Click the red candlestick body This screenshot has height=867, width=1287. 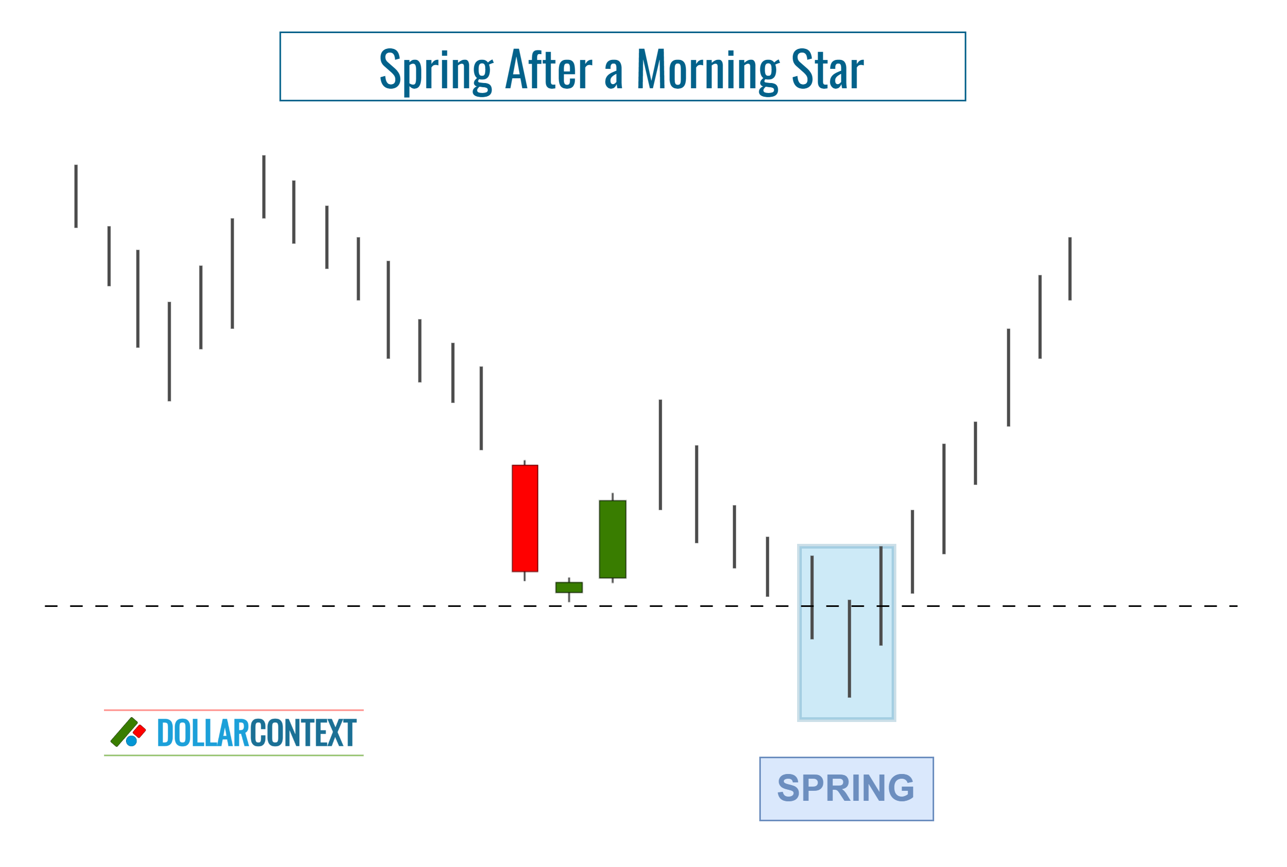tap(525, 518)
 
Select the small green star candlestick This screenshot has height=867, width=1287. tap(569, 587)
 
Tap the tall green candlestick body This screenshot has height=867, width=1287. tap(612, 539)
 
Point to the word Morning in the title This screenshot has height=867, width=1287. tap(708, 70)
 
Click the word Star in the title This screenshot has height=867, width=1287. tap(827, 70)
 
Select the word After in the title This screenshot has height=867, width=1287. tap(549, 70)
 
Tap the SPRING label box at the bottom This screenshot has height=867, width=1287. tap(846, 789)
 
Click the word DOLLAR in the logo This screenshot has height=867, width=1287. tap(203, 732)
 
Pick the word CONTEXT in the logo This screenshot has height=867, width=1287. tap(304, 732)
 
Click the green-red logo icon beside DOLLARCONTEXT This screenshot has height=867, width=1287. tap(128, 732)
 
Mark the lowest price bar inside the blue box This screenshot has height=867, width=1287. tap(850, 648)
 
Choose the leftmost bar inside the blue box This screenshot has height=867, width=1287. tap(812, 597)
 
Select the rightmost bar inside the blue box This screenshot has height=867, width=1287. tap(881, 595)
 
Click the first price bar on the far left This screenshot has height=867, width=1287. tap(76, 196)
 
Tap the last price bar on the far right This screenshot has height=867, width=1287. tap(1070, 269)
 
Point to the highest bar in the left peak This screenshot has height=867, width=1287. tap(264, 187)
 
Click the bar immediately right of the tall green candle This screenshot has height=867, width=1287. tap(661, 455)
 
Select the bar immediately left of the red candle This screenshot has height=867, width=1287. tap(482, 408)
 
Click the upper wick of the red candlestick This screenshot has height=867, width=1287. tap(525, 462)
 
